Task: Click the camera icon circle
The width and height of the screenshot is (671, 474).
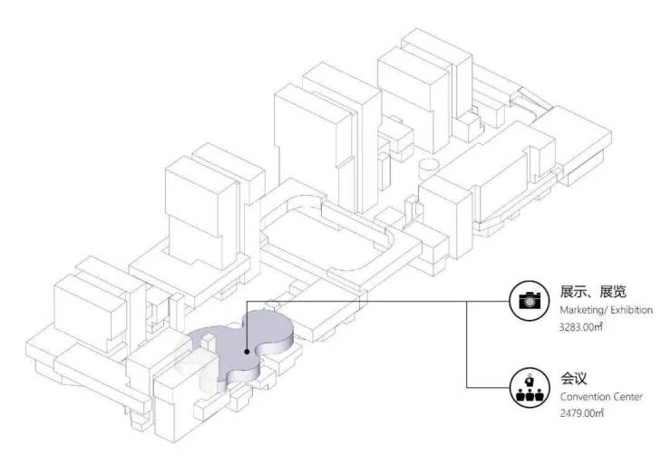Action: coord(530,301)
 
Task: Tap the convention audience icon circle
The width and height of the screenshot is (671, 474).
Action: coord(530,388)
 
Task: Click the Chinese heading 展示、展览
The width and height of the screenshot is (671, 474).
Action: coord(593,292)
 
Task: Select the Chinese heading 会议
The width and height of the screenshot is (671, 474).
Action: coord(573,378)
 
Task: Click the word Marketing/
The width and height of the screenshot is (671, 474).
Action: coord(583,310)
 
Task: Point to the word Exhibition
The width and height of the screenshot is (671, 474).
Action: coord(632,310)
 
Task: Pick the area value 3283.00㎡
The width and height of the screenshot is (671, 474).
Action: coord(581,327)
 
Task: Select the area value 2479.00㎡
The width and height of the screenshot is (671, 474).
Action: coord(581,413)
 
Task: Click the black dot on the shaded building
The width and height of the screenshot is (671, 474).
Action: coord(247,352)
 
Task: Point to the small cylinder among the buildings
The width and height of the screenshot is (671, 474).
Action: coord(428,169)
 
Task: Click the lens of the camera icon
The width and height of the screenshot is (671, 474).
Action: coord(530,302)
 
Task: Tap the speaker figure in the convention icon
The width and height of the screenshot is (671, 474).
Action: coord(530,380)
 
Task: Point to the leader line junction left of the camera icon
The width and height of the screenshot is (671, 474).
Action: coord(466,301)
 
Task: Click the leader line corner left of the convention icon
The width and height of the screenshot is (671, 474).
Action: coord(466,388)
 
